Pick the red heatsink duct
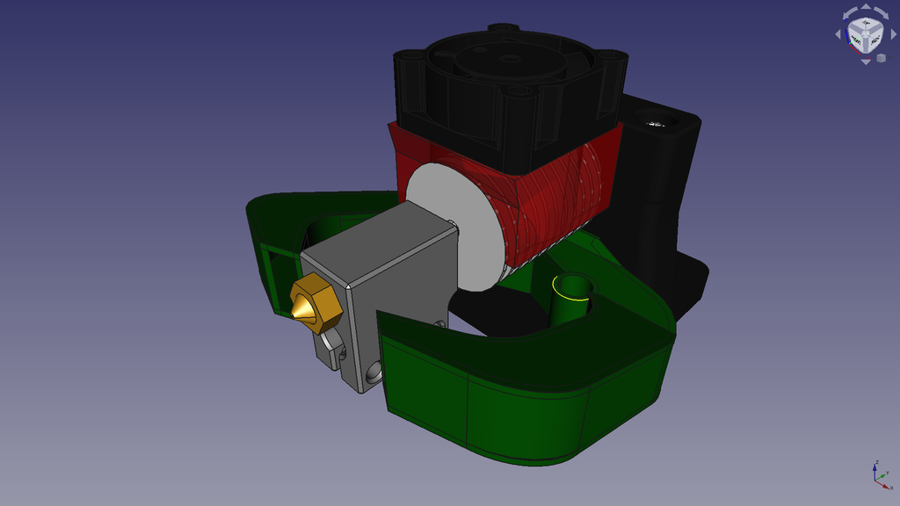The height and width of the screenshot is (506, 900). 562,193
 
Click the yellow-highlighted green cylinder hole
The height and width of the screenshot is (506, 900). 572,290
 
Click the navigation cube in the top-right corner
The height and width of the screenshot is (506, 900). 865,36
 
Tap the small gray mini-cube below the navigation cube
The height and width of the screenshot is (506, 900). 881,58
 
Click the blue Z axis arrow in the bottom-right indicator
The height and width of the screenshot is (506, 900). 875,466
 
